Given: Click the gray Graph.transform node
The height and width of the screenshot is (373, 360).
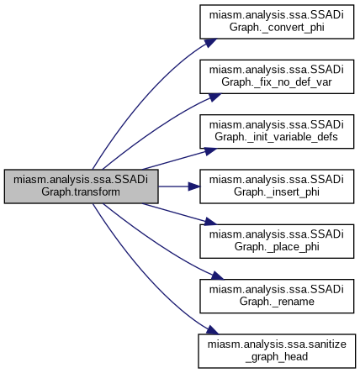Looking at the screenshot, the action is tap(82, 186).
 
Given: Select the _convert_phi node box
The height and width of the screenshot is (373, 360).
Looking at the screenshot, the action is tap(277, 22).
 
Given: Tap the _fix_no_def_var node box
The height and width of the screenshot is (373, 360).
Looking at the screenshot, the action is tap(277, 76).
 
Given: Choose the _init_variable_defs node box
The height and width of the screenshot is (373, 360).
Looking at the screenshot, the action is tap(277, 131).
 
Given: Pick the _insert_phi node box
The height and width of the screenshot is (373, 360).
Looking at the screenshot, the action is tap(277, 186).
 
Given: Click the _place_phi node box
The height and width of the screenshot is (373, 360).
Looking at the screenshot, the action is tap(277, 241).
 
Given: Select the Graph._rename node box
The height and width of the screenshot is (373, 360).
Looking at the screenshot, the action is tap(277, 296).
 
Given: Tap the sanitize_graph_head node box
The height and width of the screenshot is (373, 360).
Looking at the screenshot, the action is tap(277, 351).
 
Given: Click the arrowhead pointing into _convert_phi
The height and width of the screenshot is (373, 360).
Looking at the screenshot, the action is tap(210, 43).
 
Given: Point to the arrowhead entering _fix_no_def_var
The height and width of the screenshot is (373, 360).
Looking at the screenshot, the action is tap(214, 97).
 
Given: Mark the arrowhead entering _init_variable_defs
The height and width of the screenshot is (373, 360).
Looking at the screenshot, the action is tap(210, 151).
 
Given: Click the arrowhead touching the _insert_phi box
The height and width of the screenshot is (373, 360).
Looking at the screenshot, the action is tap(194, 186).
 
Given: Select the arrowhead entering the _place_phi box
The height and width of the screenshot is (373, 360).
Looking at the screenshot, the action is tap(210, 221).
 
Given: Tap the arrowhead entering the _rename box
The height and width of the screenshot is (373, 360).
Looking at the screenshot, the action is tap(217, 276).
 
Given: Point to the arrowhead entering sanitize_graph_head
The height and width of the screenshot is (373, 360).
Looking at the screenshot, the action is tap(212, 330).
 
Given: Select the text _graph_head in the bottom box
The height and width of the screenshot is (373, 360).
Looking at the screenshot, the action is tap(277, 357).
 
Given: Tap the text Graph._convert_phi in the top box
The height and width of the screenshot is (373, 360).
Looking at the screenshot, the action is tap(277, 28).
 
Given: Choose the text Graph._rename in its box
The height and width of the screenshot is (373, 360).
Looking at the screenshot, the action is tap(277, 302).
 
